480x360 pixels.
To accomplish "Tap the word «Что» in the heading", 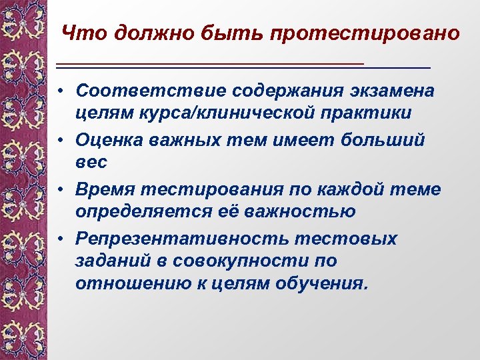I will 83,33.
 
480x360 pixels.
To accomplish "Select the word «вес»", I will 91,163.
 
